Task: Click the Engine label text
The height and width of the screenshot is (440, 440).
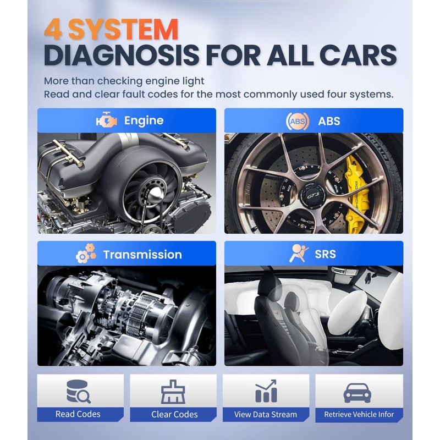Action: [144, 120]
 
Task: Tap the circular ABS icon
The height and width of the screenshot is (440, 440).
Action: [294, 120]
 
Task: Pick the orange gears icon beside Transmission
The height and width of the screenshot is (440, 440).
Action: [85, 255]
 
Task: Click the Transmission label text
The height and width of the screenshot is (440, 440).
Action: [142, 255]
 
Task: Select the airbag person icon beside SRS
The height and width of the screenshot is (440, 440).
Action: [299, 254]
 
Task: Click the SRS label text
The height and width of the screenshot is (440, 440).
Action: [325, 254]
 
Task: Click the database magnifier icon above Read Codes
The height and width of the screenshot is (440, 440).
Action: [78, 391]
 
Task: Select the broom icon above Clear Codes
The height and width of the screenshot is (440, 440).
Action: [173, 391]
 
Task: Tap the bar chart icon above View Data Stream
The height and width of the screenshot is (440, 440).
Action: [266, 391]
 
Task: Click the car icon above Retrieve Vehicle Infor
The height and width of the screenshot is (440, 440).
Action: [358, 392]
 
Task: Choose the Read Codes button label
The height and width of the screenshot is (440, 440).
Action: [78, 414]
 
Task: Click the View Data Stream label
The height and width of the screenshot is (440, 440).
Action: [266, 414]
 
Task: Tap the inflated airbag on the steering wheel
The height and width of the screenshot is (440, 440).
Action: [348, 308]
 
